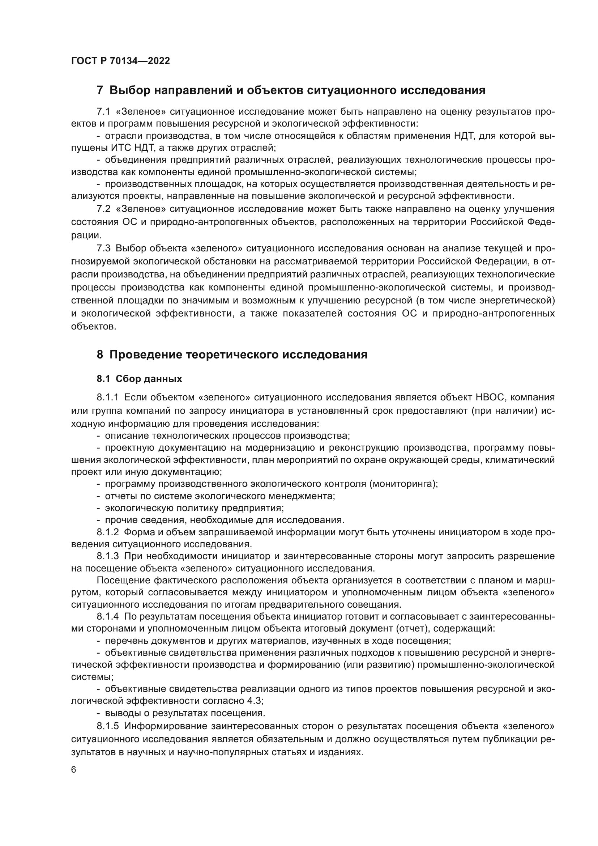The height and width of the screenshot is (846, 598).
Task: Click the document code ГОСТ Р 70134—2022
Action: tap(120, 61)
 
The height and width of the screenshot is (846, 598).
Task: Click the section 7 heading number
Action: tap(100, 90)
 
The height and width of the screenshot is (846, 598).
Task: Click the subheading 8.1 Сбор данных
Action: tap(139, 379)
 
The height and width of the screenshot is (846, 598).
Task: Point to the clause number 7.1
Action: tap(103, 112)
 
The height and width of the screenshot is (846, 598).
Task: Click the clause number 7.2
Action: tap(103, 209)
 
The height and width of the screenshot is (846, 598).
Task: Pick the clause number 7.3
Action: tap(103, 248)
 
